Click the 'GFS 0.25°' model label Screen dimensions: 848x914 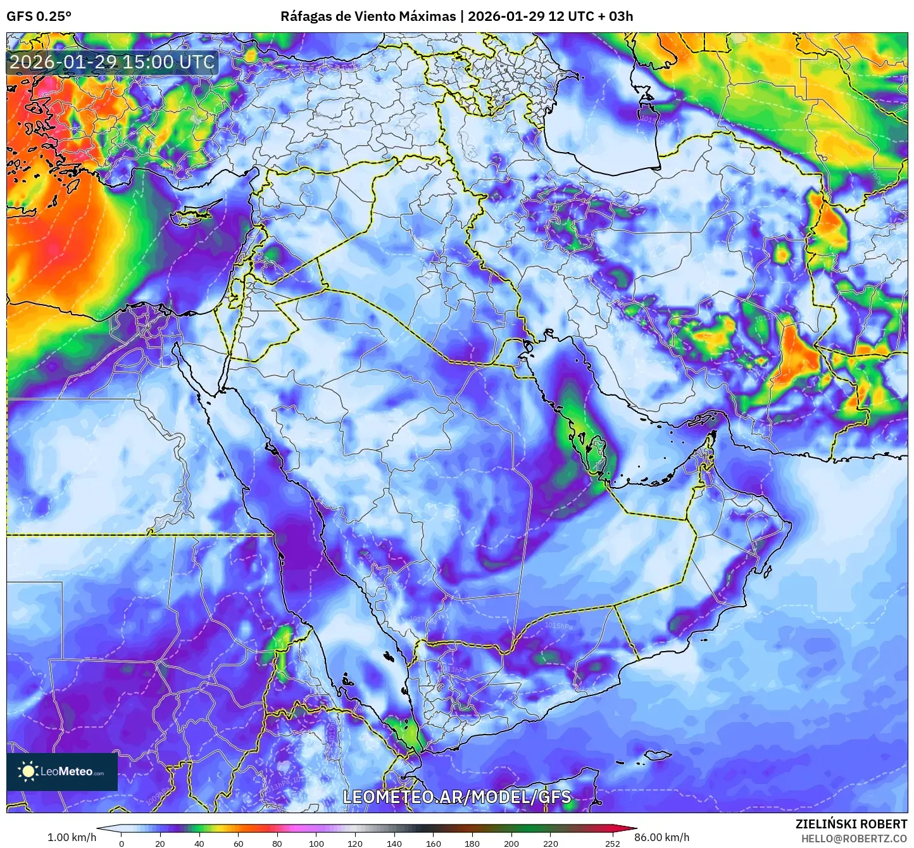[x=39, y=16]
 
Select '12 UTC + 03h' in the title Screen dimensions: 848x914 [x=591, y=16]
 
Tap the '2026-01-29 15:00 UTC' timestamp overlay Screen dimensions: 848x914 [x=112, y=62]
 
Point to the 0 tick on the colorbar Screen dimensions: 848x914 [x=122, y=843]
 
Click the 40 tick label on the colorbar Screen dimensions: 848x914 [x=199, y=843]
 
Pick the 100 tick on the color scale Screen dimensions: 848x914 [x=316, y=843]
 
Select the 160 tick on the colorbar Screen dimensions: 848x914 [x=434, y=843]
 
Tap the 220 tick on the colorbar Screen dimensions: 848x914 [x=551, y=843]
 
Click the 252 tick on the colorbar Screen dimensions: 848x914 [x=612, y=843]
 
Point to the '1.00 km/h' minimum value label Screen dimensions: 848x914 [x=72, y=837]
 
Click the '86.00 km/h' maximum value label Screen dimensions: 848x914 [x=662, y=837]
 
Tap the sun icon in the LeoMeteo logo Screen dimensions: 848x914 [x=27, y=771]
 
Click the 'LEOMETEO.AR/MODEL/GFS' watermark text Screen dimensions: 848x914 [x=456, y=797]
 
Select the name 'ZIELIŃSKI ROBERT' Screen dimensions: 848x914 [x=851, y=824]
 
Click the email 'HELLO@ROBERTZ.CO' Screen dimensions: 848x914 [x=854, y=839]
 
